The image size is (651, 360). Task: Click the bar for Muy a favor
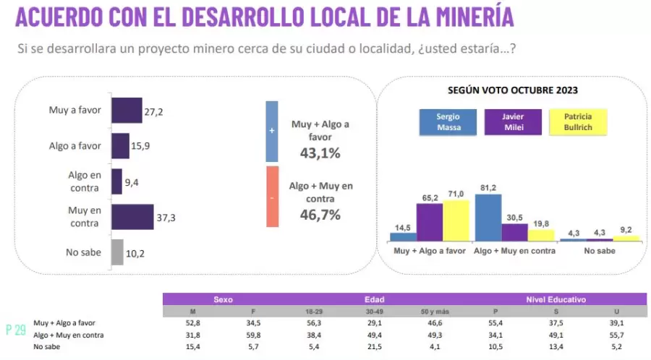(x=127, y=111)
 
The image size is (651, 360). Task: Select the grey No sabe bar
(x=117, y=252)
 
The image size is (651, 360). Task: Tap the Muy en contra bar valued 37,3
(x=132, y=217)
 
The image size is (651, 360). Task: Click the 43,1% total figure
(x=320, y=153)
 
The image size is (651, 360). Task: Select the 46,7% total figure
(x=320, y=215)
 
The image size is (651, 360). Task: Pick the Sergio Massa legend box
(x=448, y=122)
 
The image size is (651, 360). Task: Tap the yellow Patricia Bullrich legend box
(x=576, y=122)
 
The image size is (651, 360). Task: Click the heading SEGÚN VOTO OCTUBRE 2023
(x=512, y=90)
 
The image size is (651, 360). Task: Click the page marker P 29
(x=16, y=330)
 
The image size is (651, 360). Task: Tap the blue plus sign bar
(x=272, y=131)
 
